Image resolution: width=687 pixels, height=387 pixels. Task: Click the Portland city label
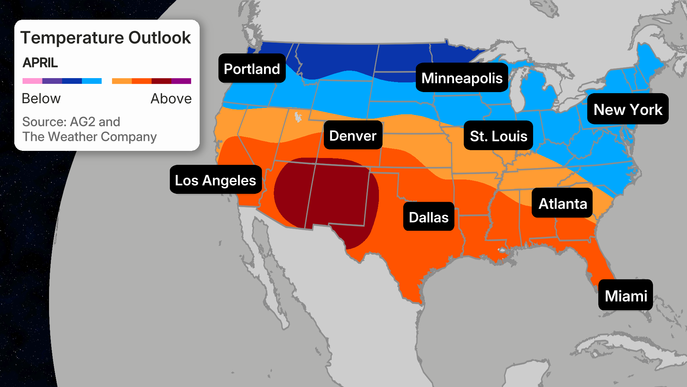[x=252, y=68]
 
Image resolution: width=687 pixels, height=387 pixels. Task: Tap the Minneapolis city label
[x=462, y=78]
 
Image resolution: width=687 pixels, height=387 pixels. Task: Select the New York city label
[x=628, y=109]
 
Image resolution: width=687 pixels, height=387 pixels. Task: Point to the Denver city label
[x=353, y=135]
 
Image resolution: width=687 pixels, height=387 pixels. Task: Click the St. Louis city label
[x=498, y=136]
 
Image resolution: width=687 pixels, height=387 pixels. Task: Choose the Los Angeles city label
[x=215, y=180]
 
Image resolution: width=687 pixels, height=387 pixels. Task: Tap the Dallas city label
[x=428, y=217]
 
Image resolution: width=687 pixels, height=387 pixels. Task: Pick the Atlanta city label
[x=562, y=203]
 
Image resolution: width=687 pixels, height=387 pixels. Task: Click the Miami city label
[x=625, y=295]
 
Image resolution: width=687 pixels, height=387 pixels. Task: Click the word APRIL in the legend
[x=40, y=63]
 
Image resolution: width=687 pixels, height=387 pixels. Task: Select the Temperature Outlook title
[x=106, y=38]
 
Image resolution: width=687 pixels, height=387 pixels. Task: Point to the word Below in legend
[x=41, y=99]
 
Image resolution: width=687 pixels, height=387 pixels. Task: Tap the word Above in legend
[x=171, y=99]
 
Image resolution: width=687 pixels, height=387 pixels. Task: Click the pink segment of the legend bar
[x=32, y=81]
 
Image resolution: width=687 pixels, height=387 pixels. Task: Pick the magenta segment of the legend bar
[x=181, y=81]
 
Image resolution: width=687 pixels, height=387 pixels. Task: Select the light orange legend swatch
[x=122, y=81]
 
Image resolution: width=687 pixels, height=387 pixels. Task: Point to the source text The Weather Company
[x=89, y=137]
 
